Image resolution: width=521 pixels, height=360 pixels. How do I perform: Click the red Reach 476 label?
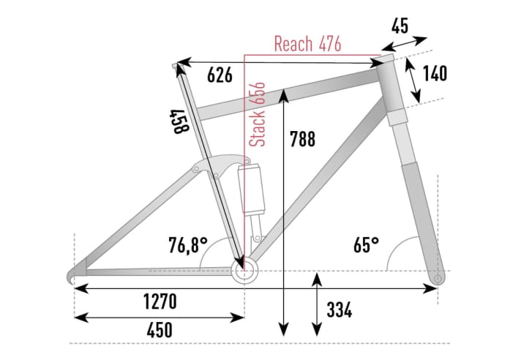307,44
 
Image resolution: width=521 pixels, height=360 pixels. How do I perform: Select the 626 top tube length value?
220,75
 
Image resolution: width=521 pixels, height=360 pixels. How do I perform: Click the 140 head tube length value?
434,74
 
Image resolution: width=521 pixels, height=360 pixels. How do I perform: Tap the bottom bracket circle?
244,271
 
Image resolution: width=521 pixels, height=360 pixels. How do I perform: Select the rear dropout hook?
74,274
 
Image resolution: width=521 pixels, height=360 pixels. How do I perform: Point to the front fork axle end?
438,279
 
